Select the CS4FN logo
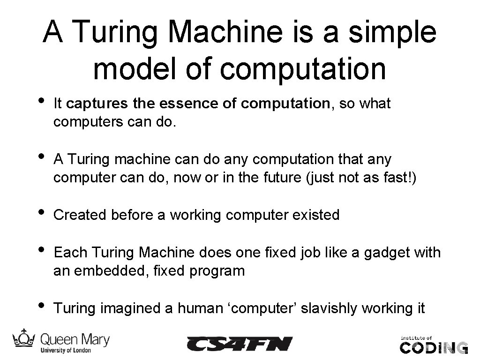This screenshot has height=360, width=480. (239, 344)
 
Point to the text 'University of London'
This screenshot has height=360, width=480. (66, 350)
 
